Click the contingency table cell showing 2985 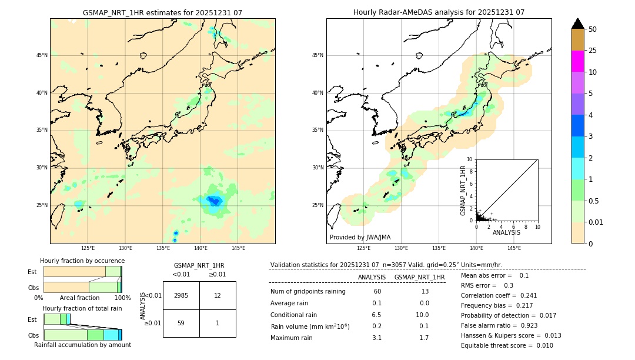point(181,295)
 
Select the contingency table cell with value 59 point(181,323)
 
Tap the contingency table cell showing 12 point(218,295)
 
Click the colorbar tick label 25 point(593,51)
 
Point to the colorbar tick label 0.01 point(596,222)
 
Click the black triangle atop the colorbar point(578,24)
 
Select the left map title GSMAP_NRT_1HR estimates point(162,12)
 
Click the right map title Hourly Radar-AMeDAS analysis point(439,12)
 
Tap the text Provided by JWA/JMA point(360,237)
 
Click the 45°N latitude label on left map point(42,55)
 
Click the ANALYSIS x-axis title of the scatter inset point(506,232)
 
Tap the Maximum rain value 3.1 point(376,338)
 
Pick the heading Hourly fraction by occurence point(82,261)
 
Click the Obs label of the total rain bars point(34,335)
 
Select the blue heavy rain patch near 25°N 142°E point(213,201)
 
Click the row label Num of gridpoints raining point(308,291)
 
